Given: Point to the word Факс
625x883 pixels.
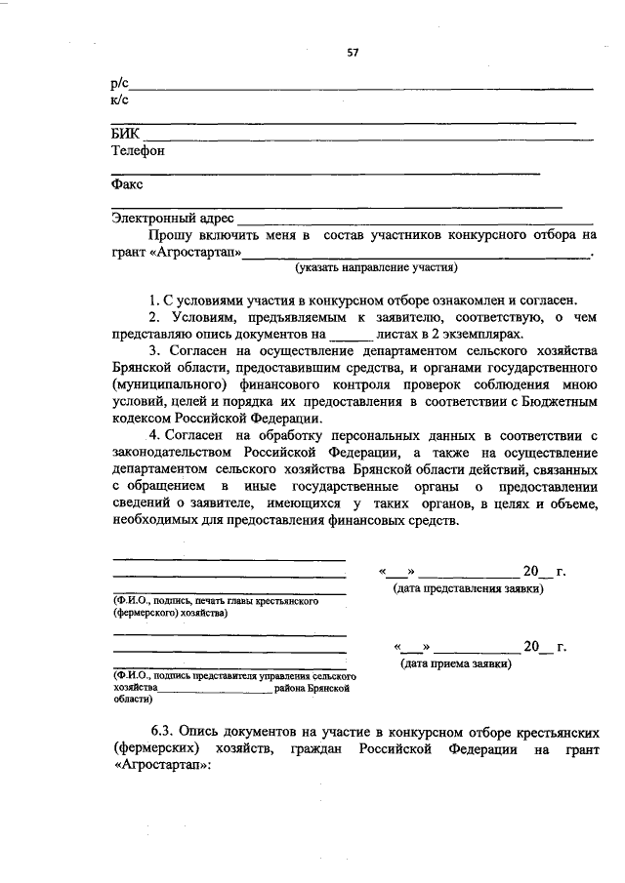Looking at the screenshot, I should (127, 183).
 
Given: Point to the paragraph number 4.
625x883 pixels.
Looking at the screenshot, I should (153, 433).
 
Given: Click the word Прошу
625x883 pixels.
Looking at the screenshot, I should (170, 235).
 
